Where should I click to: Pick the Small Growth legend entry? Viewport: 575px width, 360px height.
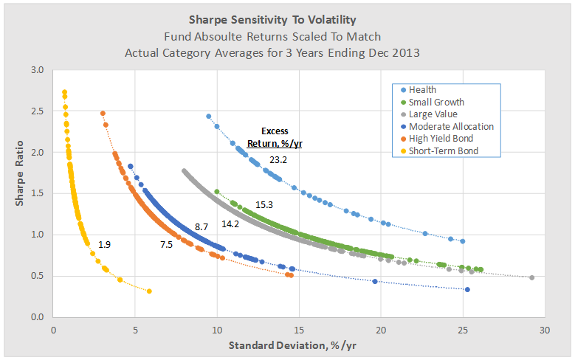tap(436, 102)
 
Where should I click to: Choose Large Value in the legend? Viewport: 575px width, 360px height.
tap(433, 114)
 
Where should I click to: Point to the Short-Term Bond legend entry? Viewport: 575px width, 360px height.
tap(444, 150)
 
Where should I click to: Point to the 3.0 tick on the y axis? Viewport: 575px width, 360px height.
tap(38, 70)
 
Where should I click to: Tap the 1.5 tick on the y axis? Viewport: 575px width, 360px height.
tap(38, 193)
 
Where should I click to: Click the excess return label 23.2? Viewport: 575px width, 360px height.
tap(278, 159)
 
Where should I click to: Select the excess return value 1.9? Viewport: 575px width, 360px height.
tap(106, 243)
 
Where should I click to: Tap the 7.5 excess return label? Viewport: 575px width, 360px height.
tap(167, 244)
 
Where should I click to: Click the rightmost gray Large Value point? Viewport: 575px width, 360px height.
tap(531, 277)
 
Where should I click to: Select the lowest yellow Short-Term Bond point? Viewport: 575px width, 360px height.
tap(149, 291)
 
